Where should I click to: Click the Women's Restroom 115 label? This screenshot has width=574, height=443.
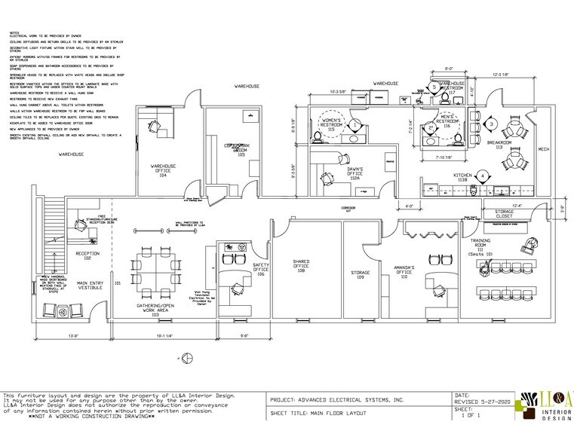[x=333, y=124]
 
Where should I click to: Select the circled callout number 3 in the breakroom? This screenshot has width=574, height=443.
[x=491, y=124]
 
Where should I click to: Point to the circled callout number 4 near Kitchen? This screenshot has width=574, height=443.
[x=481, y=176]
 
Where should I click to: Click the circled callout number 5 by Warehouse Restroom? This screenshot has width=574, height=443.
[x=435, y=87]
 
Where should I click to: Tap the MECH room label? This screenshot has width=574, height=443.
[x=543, y=149]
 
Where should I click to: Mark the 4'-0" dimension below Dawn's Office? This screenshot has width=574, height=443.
[x=409, y=205]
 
